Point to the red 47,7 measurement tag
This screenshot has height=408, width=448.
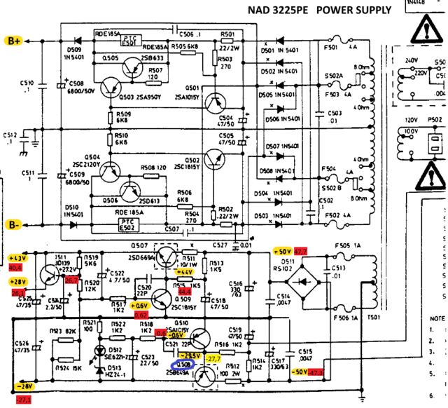pos(300,251)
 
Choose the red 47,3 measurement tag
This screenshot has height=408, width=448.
pos(316,372)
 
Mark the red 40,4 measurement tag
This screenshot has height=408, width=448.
pos(16,267)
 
